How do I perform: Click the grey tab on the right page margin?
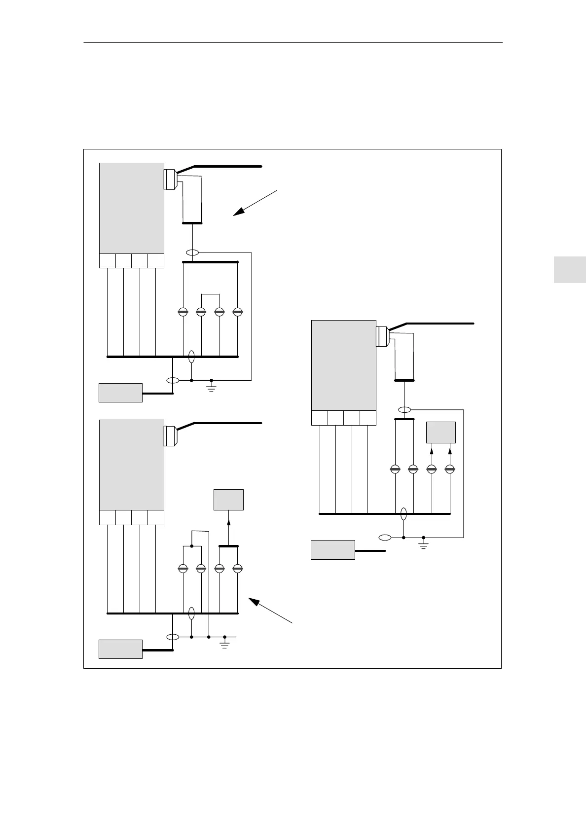point(569,269)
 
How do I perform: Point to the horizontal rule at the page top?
point(293,43)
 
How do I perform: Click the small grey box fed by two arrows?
point(441,433)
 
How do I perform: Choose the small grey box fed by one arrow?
point(228,500)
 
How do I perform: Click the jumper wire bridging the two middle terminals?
point(210,294)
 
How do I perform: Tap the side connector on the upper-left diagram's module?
point(170,179)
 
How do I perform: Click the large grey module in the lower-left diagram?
point(132,465)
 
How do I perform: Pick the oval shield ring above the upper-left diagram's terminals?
point(192,253)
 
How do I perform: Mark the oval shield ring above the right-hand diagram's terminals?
point(404,409)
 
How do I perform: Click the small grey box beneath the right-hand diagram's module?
point(332,550)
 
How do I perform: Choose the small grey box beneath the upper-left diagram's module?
point(120,393)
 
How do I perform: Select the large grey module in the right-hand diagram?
point(343,365)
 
